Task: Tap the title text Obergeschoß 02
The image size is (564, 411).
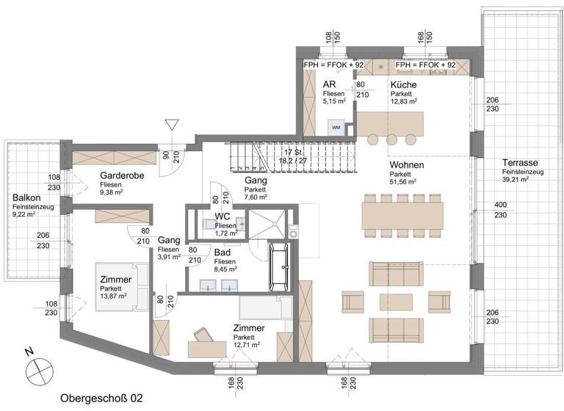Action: [102, 398]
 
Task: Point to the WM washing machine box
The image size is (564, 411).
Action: [336, 128]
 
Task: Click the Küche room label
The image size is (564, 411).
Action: [404, 85]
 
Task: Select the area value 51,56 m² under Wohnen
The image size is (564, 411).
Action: [403, 181]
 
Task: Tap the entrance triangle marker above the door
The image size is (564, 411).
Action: [173, 125]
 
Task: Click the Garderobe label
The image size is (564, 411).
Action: [122, 176]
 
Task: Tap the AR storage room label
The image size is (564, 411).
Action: [330, 85]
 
